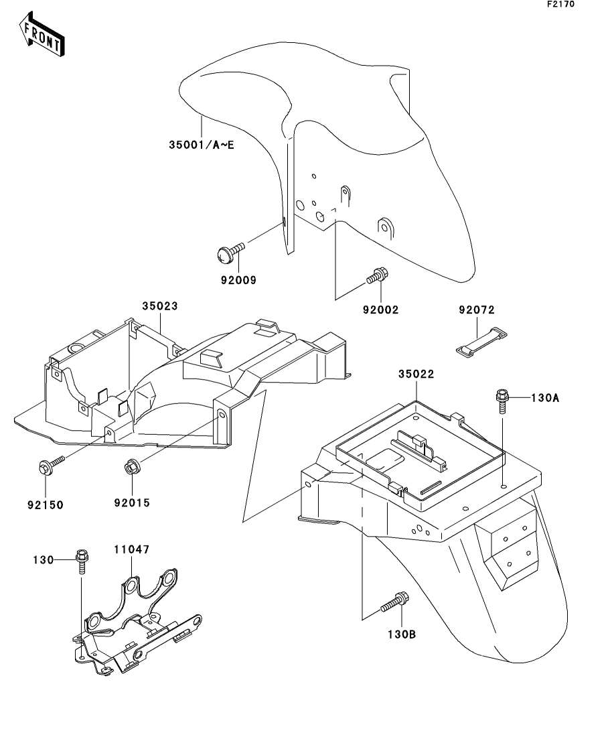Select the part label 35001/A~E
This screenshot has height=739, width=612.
pos(202,145)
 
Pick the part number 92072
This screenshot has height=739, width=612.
pos(477,310)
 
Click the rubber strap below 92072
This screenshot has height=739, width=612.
pos(481,340)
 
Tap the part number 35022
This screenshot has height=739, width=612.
pos(416,374)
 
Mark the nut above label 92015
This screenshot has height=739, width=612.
pos(131,466)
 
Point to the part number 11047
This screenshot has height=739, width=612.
pos(131,549)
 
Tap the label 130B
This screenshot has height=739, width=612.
pos(400,633)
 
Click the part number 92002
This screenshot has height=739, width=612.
pos(380,310)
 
